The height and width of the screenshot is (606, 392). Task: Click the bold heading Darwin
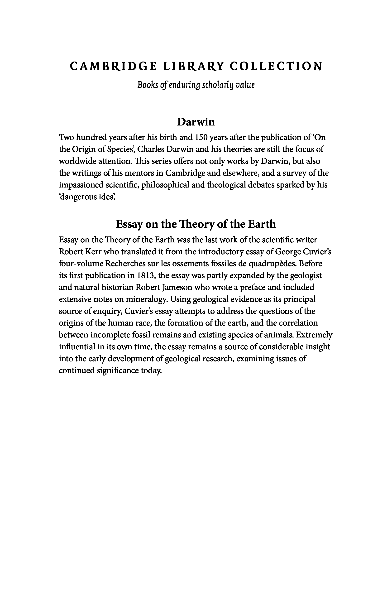[x=196, y=122]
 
